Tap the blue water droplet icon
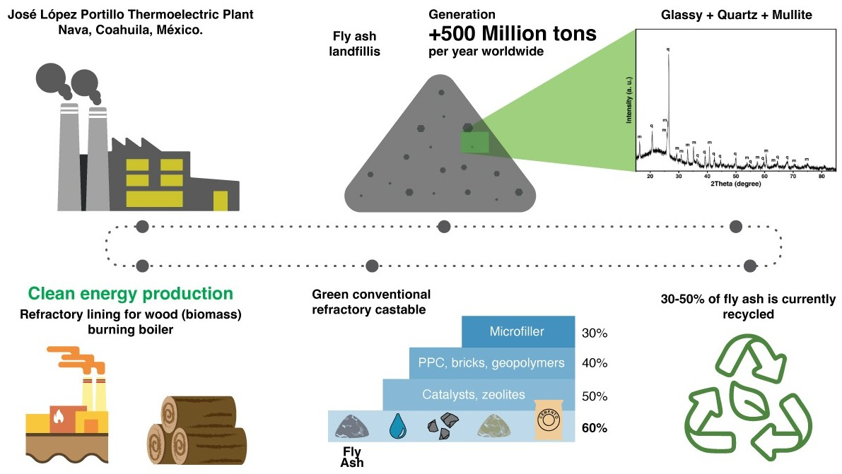pyautogui.click(x=397, y=425)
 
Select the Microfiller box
pyautogui.click(x=518, y=331)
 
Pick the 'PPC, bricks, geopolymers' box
pyautogui.click(x=491, y=363)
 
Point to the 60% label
pyautogui.click(x=595, y=427)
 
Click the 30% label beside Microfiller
pyautogui.click(x=594, y=333)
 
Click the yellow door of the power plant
pyautogui.click(x=221, y=201)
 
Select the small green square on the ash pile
pyautogui.click(x=474, y=143)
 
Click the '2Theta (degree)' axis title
pyautogui.click(x=736, y=184)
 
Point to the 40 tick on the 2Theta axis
pyautogui.click(x=708, y=175)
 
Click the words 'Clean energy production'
pyautogui.click(x=130, y=293)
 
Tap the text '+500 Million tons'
pyautogui.click(x=513, y=34)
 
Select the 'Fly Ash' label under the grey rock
pyautogui.click(x=351, y=456)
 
